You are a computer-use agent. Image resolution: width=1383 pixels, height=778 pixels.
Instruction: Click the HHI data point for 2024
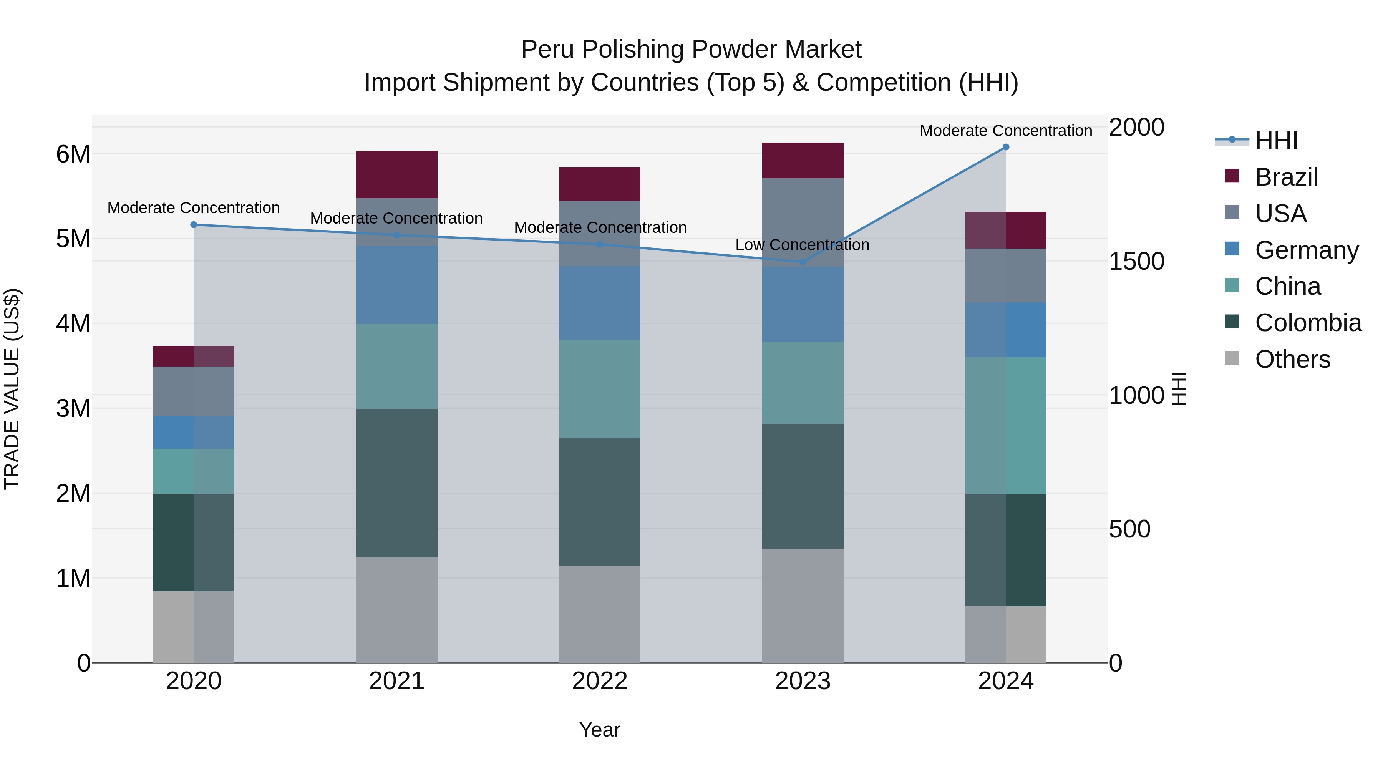click(1006, 147)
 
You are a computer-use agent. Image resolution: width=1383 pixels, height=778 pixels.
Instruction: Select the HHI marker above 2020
click(194, 225)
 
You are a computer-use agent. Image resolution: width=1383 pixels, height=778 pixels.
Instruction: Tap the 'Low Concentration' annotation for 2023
click(802, 245)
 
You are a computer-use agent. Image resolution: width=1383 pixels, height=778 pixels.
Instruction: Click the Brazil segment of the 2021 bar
click(397, 174)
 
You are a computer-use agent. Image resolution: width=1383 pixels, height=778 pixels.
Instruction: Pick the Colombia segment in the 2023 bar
click(803, 486)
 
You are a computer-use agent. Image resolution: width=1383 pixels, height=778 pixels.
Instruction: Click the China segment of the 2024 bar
click(1006, 425)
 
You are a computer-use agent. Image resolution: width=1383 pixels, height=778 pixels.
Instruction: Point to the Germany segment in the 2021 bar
click(397, 285)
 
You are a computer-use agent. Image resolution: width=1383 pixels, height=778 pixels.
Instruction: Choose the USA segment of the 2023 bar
click(803, 222)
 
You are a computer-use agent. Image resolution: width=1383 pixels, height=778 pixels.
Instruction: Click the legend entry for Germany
click(1306, 250)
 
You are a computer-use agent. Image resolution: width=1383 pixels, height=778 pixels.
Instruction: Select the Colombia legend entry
click(1308, 323)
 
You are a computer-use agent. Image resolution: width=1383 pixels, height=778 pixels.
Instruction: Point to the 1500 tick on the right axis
click(1136, 262)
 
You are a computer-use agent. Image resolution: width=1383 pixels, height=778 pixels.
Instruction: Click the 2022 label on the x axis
click(600, 681)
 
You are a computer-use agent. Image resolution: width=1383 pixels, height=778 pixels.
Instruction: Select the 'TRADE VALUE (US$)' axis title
click(12, 389)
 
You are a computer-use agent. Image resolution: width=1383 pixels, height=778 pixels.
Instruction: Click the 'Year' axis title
click(600, 730)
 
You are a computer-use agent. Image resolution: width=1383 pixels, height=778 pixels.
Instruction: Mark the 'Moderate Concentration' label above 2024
click(1006, 131)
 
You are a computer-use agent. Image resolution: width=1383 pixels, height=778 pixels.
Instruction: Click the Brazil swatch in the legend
click(1232, 176)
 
